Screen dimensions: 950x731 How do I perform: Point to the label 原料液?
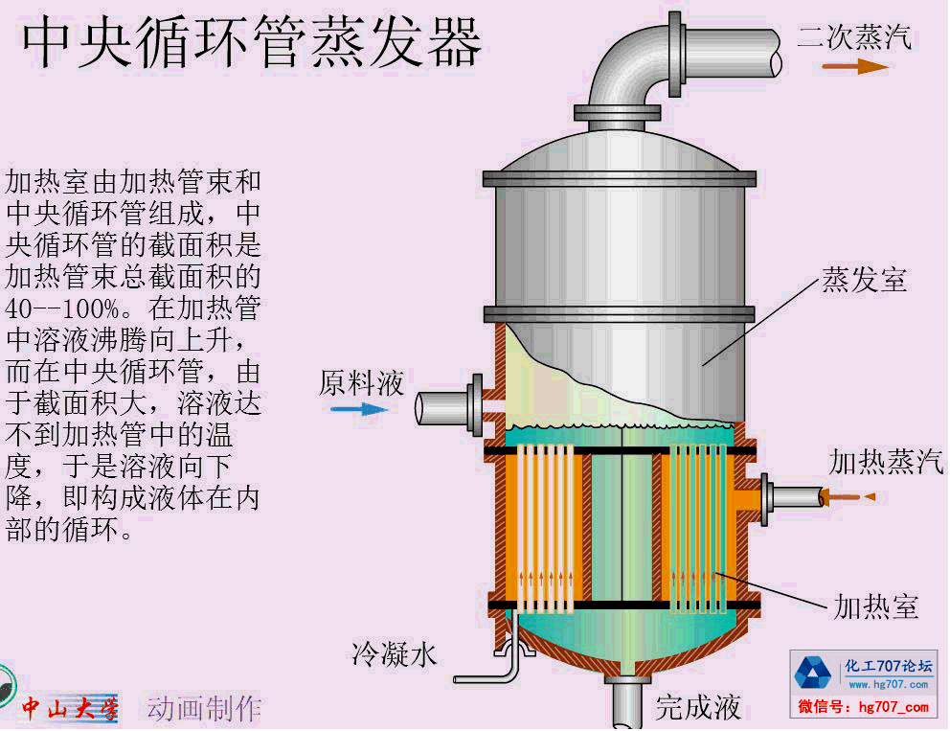click(361, 383)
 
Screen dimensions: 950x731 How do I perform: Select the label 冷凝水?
click(395, 653)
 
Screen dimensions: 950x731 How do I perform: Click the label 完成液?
click(698, 707)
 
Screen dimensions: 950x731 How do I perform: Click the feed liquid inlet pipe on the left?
click(442, 408)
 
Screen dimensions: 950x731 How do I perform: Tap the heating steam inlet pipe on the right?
click(795, 496)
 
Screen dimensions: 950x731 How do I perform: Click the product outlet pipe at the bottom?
click(628, 704)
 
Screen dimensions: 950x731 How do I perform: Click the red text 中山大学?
click(70, 709)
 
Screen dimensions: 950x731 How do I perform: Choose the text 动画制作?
click(203, 709)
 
